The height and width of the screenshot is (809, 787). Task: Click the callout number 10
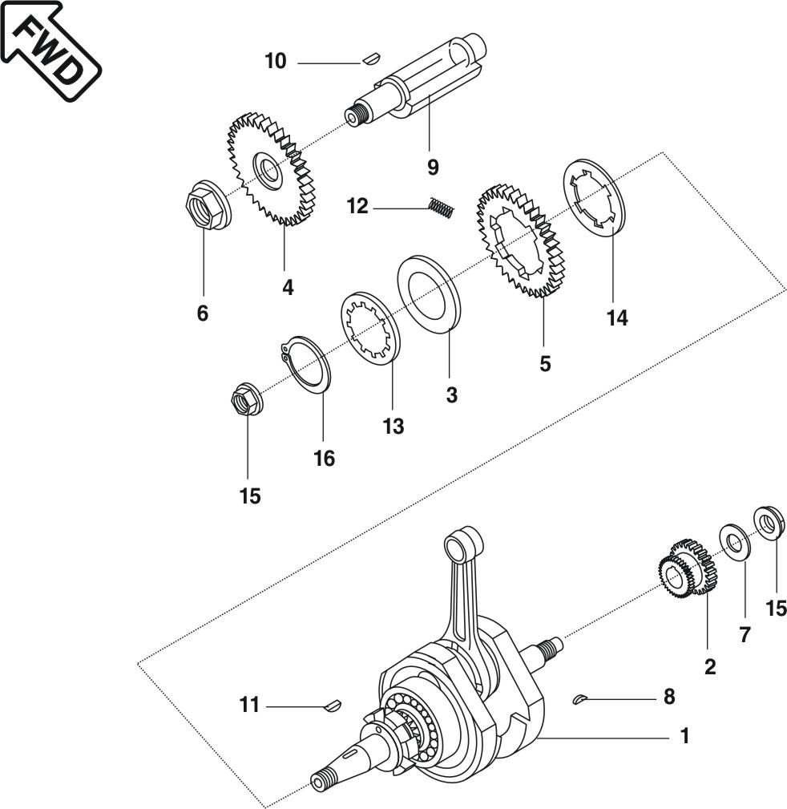(x=276, y=61)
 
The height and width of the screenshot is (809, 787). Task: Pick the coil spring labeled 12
(x=442, y=208)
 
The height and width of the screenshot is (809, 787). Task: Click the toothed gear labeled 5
(x=522, y=241)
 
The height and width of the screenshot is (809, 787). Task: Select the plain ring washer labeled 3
(x=429, y=292)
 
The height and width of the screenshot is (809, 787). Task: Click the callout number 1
(x=684, y=736)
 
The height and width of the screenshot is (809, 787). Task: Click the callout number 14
(x=617, y=318)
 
